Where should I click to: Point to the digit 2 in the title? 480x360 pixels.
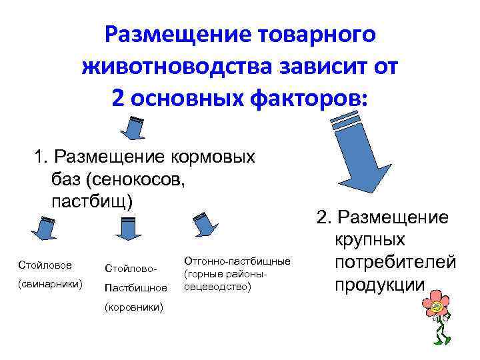[x=119, y=98]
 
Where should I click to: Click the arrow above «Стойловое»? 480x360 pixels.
[x=44, y=229]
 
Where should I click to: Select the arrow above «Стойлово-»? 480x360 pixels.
[x=125, y=228]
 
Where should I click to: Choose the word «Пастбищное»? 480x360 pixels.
[x=136, y=289]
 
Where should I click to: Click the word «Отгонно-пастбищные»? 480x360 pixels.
[x=237, y=261]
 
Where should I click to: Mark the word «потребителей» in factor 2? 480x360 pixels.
[x=395, y=262]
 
